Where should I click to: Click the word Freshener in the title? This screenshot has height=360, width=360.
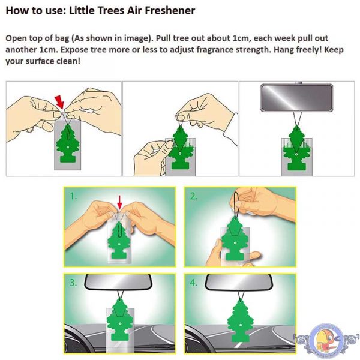(170, 11)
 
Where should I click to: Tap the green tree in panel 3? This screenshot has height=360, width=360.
(119, 324)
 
